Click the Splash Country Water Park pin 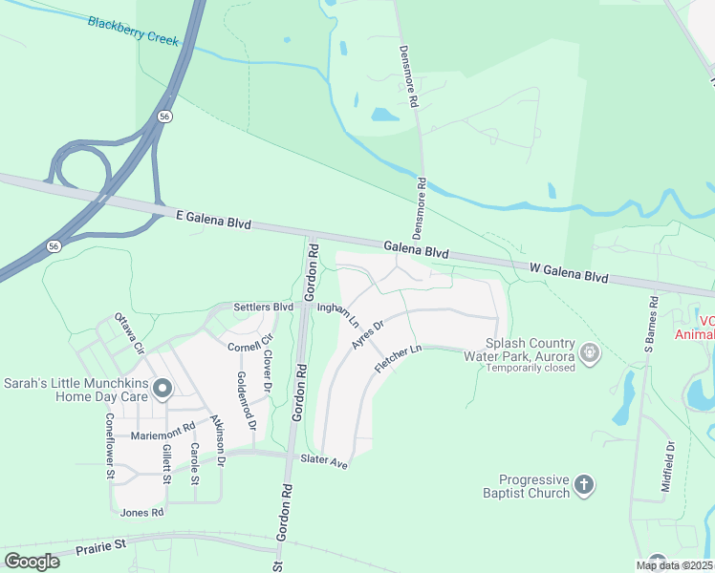click(x=591, y=353)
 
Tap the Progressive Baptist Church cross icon click(x=584, y=486)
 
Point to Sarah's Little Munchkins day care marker click(x=162, y=389)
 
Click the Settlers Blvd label click(x=263, y=308)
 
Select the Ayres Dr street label click(x=367, y=334)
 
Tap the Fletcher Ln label click(x=399, y=360)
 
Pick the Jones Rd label click(x=142, y=513)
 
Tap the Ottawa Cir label click(x=128, y=329)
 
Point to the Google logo click(x=32, y=561)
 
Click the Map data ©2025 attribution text click(x=674, y=565)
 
